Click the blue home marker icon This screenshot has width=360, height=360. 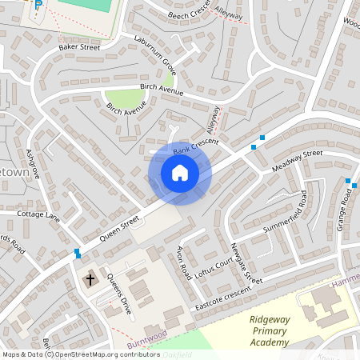click(x=180, y=172)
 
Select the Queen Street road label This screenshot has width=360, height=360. click(x=119, y=227)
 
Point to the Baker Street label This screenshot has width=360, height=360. click(x=78, y=48)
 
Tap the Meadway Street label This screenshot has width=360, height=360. click(x=296, y=159)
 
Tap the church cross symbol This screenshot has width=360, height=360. click(x=90, y=280)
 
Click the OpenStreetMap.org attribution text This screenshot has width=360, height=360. click(x=107, y=354)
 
